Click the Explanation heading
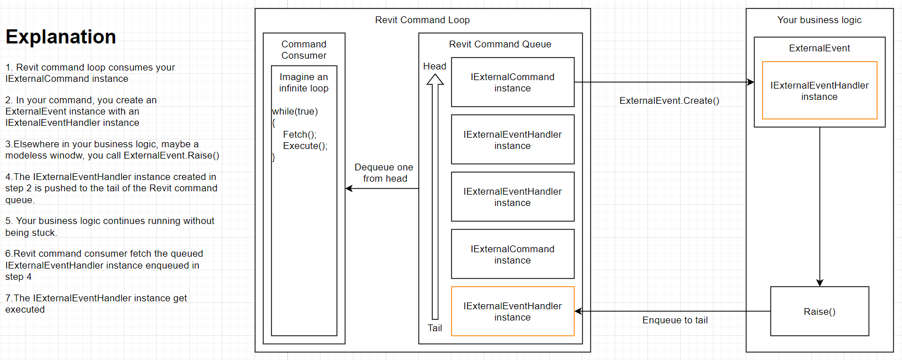(61, 37)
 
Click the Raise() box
(819, 311)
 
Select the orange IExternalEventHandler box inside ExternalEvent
(819, 90)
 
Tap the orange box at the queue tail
(513, 311)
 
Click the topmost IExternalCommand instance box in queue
(513, 82)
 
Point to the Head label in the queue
(435, 66)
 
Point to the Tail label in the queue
(435, 328)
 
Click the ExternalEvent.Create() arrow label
(669, 100)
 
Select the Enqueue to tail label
(675, 320)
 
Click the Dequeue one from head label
(384, 173)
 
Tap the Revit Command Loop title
(422, 20)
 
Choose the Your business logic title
(819, 20)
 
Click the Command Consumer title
(304, 50)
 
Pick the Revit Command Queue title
(500, 44)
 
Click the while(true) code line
(295, 111)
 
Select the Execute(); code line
(305, 146)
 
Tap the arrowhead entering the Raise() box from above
(820, 283)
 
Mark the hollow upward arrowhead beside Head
(435, 80)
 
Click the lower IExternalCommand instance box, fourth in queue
(513, 254)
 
